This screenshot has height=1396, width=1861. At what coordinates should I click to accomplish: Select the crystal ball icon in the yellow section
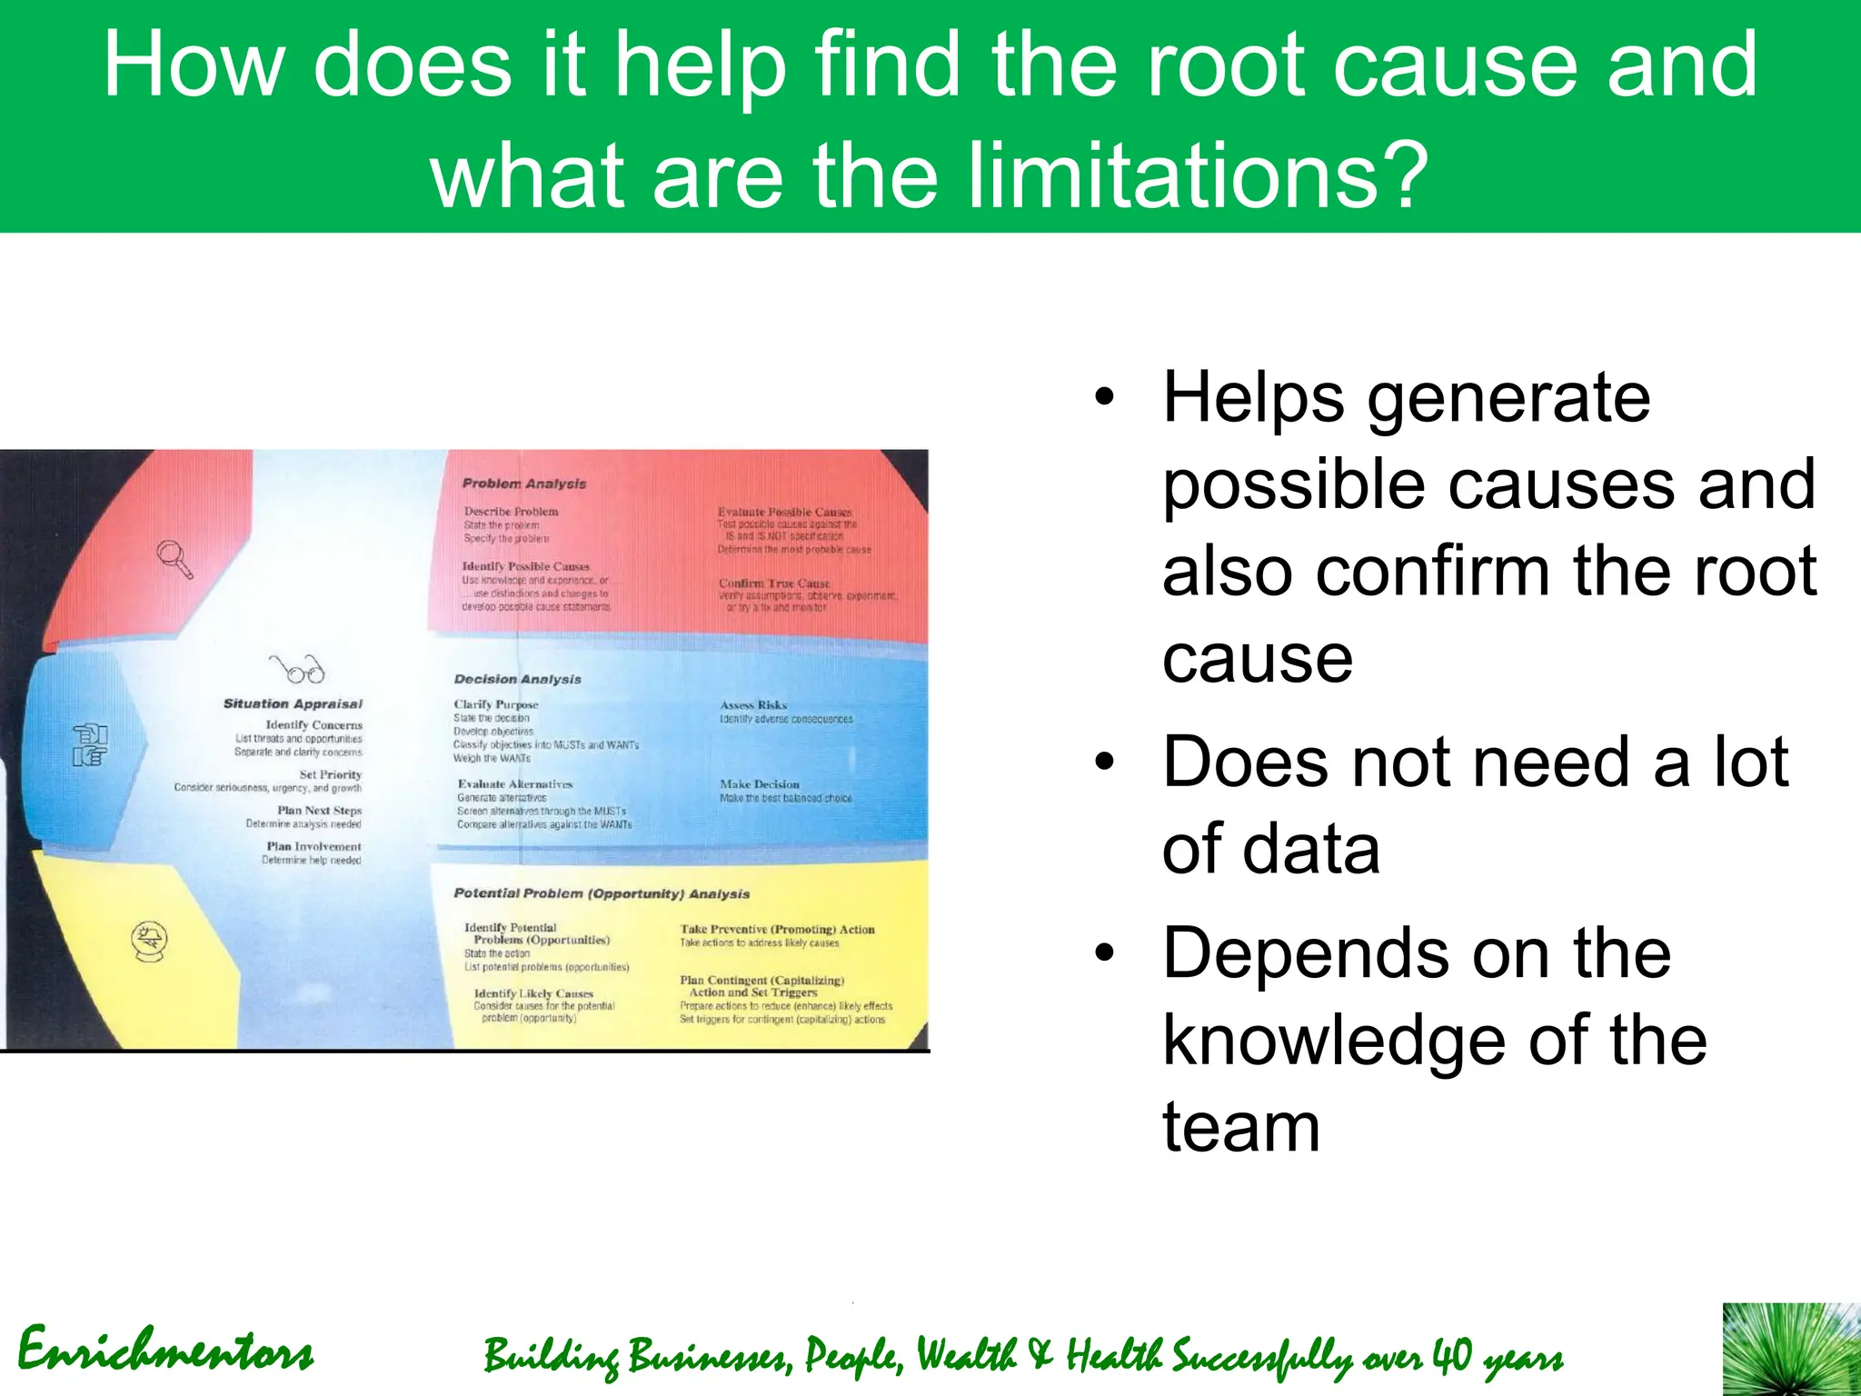149,941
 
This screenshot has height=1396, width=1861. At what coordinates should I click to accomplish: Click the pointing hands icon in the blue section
90,745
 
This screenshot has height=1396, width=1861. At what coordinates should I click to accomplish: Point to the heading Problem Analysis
524,484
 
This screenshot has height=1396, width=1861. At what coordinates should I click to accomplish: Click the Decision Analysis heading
517,679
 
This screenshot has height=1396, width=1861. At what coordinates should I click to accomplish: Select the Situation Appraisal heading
293,703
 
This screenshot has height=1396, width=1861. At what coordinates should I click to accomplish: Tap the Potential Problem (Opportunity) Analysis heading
602,893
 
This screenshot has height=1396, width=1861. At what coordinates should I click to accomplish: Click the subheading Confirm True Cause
774,583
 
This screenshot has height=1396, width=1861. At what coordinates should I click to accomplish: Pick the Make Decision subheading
760,784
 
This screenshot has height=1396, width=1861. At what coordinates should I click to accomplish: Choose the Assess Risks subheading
753,705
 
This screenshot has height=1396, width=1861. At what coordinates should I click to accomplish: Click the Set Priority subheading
331,774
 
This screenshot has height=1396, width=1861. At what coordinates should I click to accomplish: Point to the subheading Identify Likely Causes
533,993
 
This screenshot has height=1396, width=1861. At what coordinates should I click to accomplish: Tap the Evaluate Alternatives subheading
515,784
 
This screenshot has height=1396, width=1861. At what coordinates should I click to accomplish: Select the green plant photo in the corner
1791,1349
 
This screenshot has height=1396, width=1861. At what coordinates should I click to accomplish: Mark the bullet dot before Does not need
1104,763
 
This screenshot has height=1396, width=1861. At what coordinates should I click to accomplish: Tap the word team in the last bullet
1240,1127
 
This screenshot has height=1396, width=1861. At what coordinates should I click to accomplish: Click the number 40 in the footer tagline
1452,1357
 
